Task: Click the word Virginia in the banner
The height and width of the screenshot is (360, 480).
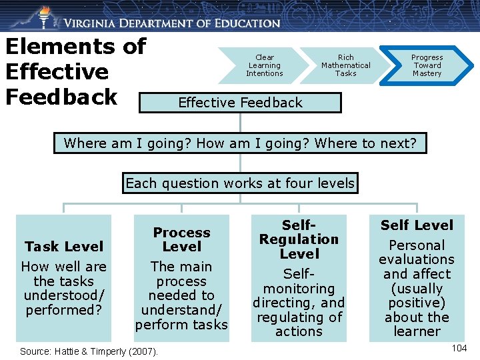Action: [x=94, y=23]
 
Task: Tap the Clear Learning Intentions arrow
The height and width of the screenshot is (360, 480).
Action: [x=265, y=65]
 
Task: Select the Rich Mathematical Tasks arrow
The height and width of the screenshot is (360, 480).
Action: [x=345, y=65]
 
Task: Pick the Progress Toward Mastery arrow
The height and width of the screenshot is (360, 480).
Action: [x=427, y=65]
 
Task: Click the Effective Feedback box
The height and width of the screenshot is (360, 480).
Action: [x=240, y=103]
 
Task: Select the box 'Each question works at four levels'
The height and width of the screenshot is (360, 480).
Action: [x=240, y=183]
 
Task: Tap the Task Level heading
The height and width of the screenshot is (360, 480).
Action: [x=64, y=246]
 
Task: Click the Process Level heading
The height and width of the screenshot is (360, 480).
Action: [x=181, y=239]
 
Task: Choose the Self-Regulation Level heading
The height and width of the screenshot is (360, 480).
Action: [x=299, y=239]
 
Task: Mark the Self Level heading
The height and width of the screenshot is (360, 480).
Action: [x=417, y=225]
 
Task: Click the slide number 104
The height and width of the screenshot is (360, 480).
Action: [x=459, y=348]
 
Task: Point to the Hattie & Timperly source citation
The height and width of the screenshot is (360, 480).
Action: [x=89, y=351]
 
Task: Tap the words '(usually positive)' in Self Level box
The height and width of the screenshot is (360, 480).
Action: [x=417, y=295]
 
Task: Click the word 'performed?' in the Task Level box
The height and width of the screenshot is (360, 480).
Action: [x=64, y=310]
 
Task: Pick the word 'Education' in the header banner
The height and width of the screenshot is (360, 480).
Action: [x=247, y=23]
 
